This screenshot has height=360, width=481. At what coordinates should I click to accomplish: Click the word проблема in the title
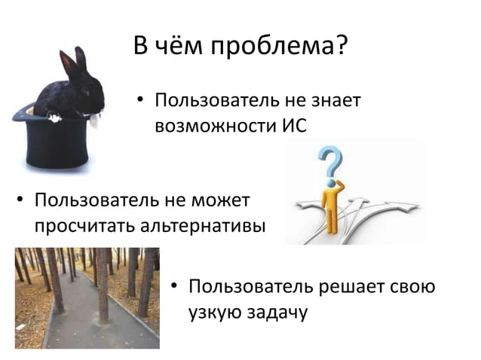pos(272,47)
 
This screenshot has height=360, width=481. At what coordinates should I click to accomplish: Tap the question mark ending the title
pos(342,44)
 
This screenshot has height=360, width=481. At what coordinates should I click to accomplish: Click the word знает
pos(336,100)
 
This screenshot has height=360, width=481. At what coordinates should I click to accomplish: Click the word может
pos(221,200)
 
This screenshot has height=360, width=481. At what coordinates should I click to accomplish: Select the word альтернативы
pos(203,227)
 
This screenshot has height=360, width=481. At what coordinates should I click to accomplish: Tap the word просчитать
pos(84,227)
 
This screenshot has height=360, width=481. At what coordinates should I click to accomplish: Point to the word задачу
pos(277,313)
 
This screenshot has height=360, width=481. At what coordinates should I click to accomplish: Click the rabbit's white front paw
pos(54,117)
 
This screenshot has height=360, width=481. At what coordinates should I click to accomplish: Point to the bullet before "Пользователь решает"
pos(174,286)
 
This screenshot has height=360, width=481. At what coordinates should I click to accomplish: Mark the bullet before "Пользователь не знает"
pos(140,99)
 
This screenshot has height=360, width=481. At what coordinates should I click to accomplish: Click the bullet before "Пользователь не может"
pos(20,200)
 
